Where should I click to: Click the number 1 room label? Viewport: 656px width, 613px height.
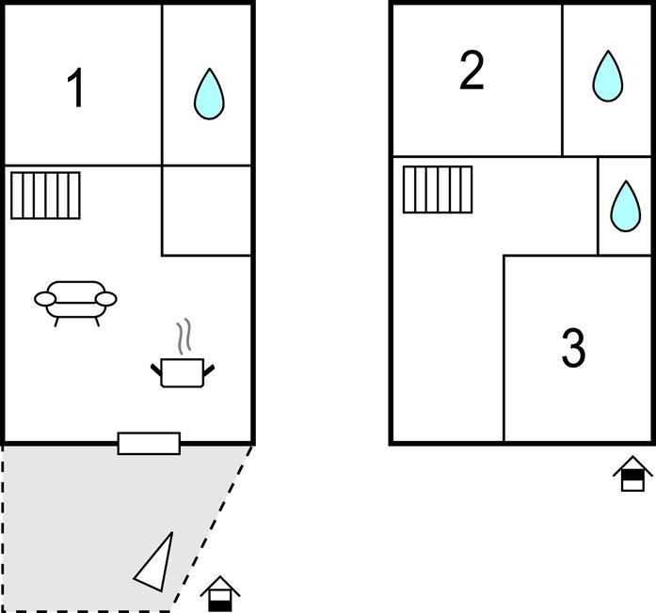pos(76,88)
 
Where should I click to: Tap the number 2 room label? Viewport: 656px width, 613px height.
pos(472,71)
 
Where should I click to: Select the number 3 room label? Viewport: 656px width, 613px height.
pos(573,348)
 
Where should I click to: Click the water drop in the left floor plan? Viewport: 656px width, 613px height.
pos(209,94)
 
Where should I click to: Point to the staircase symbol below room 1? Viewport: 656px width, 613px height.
pos(45,195)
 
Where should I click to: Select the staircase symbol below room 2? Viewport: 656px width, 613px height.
pos(438,189)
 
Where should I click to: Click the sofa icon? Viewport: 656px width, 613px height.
pos(75,301)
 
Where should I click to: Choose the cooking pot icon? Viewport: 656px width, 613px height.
pos(184,370)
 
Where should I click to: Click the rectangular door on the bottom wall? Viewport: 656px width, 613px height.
pos(149,443)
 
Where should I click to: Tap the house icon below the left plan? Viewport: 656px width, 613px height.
pos(220,593)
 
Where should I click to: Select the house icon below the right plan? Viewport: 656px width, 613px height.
pos(632,474)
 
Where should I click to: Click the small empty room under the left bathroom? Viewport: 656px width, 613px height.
pos(207,211)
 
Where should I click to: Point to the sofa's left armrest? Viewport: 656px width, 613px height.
pos(45,299)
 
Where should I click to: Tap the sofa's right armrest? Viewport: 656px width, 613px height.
pos(106,299)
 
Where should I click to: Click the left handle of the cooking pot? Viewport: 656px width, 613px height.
pos(157,368)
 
